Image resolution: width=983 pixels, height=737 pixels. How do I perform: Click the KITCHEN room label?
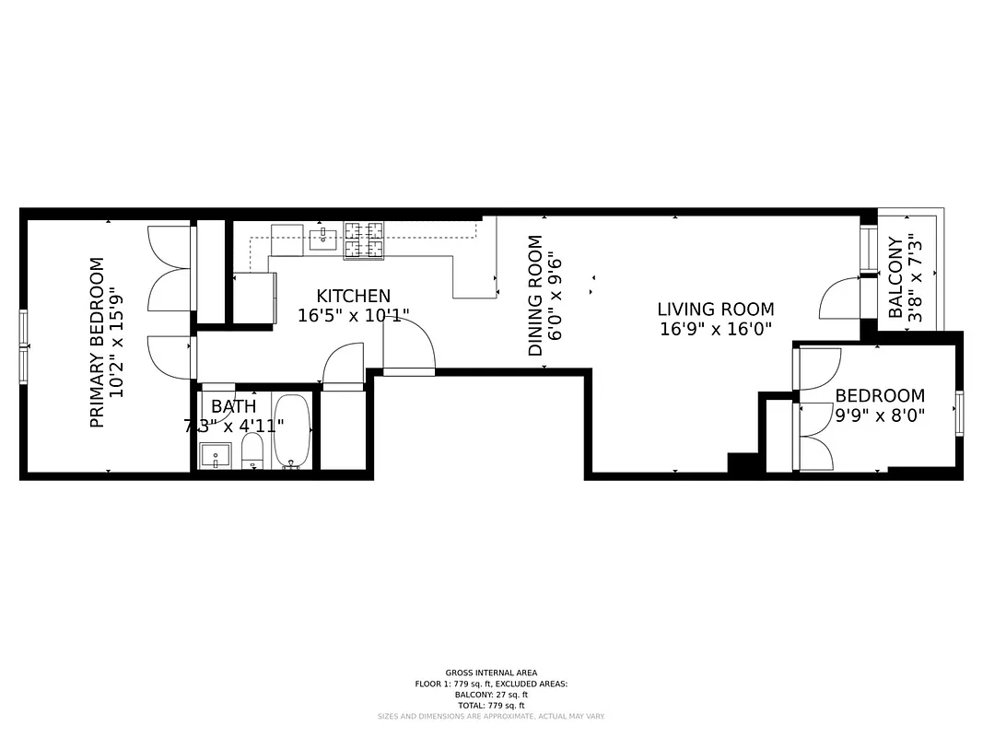click(353, 296)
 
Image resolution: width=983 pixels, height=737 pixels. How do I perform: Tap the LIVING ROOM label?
click(715, 310)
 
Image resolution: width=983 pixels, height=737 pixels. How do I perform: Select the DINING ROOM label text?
click(535, 296)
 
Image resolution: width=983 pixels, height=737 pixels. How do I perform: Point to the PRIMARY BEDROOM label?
click(97, 342)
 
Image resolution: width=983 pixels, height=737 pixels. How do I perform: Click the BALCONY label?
click(895, 277)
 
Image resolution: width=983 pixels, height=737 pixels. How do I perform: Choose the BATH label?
click(234, 406)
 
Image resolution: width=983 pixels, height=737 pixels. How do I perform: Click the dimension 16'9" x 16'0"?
click(715, 329)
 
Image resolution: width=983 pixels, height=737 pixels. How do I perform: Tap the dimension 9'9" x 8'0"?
click(880, 415)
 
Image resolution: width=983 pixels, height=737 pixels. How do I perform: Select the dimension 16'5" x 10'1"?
click(353, 315)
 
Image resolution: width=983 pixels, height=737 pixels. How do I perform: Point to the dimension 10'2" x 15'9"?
click(116, 342)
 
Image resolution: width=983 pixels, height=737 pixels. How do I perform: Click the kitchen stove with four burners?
click(363, 240)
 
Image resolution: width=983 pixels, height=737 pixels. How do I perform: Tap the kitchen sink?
click(322, 239)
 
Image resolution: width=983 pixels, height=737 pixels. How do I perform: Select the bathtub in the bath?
click(293, 431)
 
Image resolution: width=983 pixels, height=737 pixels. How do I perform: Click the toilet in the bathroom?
click(252, 450)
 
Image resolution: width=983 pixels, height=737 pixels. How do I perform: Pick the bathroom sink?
click(216, 454)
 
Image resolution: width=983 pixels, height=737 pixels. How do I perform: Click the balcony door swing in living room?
click(838, 299)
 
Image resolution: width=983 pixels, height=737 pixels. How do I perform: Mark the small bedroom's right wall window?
click(959, 413)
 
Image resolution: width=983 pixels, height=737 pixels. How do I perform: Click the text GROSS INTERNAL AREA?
click(491, 673)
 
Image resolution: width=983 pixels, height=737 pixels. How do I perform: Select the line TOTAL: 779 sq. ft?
click(491, 704)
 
